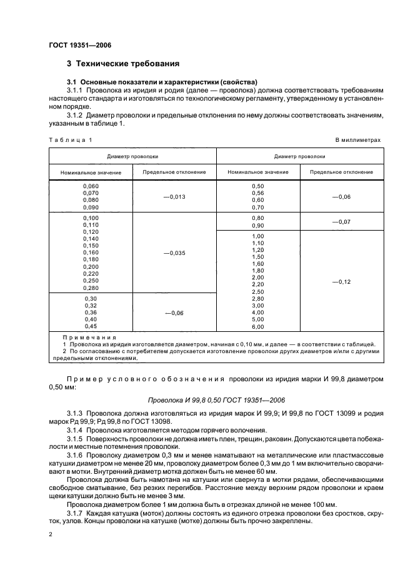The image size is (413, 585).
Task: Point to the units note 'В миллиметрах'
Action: (x=359, y=140)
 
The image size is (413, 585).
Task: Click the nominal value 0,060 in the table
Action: (x=91, y=186)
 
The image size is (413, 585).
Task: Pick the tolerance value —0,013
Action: (x=174, y=196)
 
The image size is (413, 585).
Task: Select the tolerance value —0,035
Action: (x=174, y=253)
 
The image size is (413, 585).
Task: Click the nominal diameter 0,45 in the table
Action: (x=91, y=326)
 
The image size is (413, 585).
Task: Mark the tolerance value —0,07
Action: (x=341, y=222)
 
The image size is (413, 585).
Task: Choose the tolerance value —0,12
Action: (x=341, y=282)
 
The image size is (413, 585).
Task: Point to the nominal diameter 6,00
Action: (x=257, y=326)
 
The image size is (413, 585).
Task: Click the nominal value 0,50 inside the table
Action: (x=257, y=186)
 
